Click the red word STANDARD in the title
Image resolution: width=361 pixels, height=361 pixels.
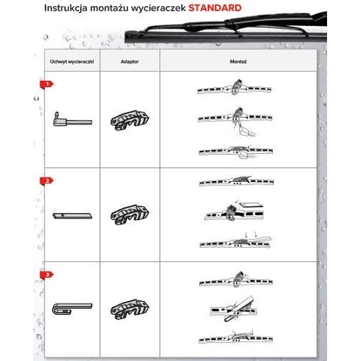pyautogui.click(x=215, y=8)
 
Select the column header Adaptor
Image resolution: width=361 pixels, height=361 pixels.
pyautogui.click(x=130, y=61)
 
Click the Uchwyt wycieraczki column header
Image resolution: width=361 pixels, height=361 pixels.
pyautogui.click(x=72, y=61)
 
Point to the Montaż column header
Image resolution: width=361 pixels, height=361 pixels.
pyautogui.click(x=238, y=61)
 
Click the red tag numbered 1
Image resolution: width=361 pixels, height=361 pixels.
pyautogui.click(x=46, y=84)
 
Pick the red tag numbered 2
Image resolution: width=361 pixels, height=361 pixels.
pyautogui.click(x=46, y=181)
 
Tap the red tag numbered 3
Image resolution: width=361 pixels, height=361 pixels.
pyautogui.click(x=46, y=275)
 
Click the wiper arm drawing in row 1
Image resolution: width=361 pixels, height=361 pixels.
pyautogui.click(x=72, y=120)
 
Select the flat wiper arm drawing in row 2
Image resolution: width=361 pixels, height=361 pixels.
pyautogui.click(x=72, y=216)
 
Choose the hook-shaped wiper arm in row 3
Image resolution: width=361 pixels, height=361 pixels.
pyautogui.click(x=72, y=309)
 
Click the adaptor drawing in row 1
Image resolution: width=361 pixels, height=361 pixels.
pyautogui.click(x=130, y=121)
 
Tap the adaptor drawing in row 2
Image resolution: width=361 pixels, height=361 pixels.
pyautogui.click(x=130, y=214)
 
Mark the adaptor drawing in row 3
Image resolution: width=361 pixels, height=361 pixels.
pyautogui.click(x=130, y=309)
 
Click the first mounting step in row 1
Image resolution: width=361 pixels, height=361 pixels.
pyautogui.click(x=234, y=87)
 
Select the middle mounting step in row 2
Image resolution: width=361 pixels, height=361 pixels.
pyautogui.click(x=234, y=212)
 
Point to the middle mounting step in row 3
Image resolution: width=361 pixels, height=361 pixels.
pyautogui.click(x=233, y=309)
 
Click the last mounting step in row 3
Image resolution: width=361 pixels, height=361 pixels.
pyautogui.click(x=236, y=337)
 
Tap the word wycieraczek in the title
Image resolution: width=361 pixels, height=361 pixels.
pyautogui.click(x=158, y=9)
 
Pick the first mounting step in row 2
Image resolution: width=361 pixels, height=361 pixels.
pyautogui.click(x=237, y=180)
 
